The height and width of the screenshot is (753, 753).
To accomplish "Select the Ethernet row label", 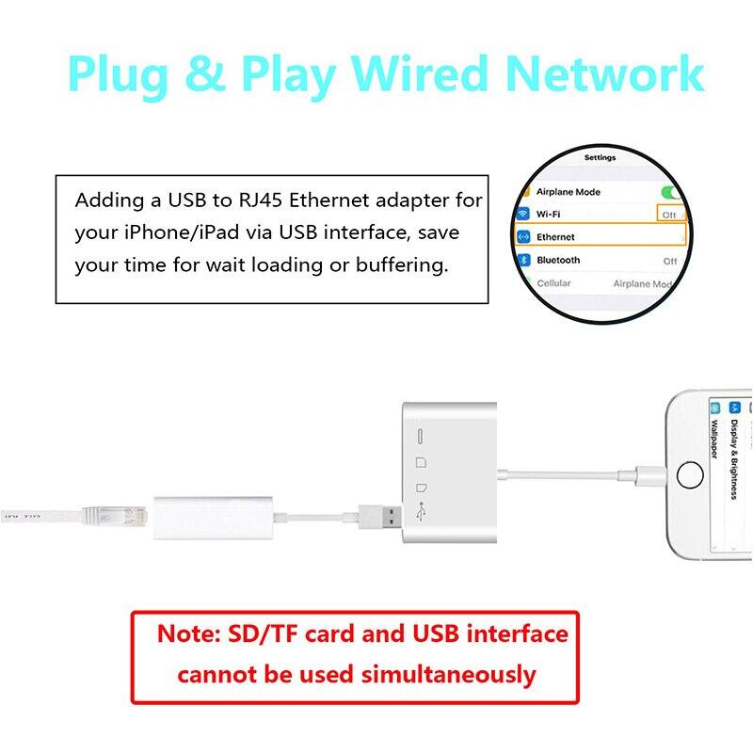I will coord(555,237).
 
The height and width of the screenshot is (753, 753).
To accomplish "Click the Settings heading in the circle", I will coord(600,158).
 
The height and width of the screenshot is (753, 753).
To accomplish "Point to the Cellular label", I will coord(553,283).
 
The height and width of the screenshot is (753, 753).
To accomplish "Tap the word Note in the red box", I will coord(189,634).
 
